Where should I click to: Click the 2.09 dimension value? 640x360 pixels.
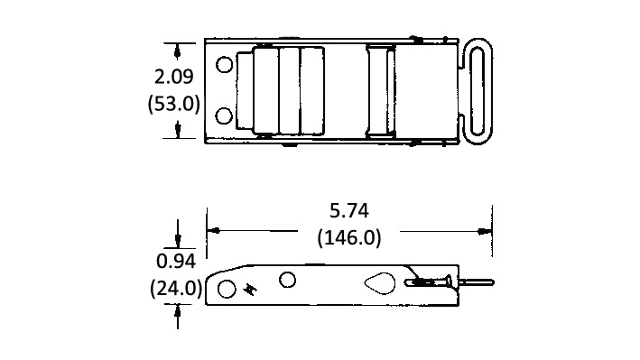tap(174, 77)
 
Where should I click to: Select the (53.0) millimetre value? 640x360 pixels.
tap(174, 103)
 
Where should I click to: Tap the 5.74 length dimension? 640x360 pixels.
tap(349, 210)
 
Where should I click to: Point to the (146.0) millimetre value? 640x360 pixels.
tap(349, 237)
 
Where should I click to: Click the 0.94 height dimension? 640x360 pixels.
tap(176, 262)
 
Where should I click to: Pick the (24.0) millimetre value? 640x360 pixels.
tap(176, 289)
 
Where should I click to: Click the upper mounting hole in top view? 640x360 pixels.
tap(224, 64)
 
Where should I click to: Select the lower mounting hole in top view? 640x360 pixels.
tap(224, 115)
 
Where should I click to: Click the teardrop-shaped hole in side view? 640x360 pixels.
tap(380, 282)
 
